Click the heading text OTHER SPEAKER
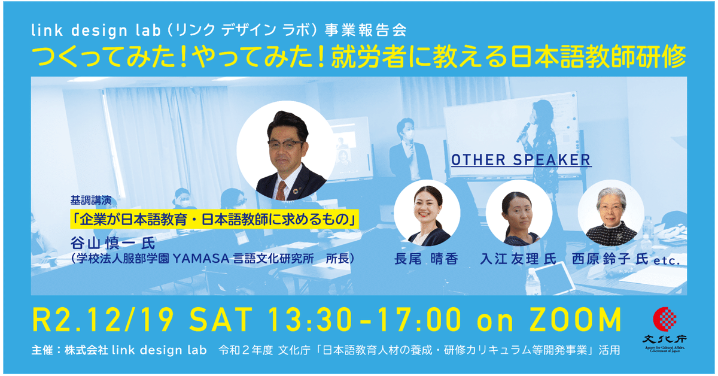click(521, 160)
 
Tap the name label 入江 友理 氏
click(518, 259)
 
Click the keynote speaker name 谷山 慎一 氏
click(112, 244)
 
